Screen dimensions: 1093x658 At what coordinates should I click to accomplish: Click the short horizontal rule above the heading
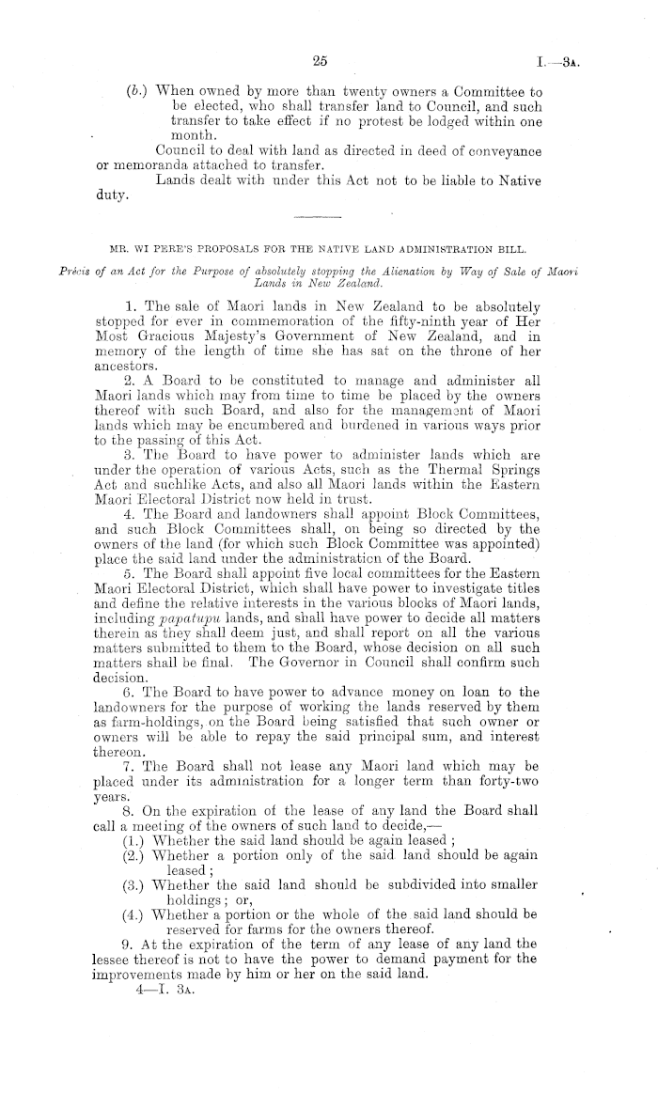click(x=320, y=217)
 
